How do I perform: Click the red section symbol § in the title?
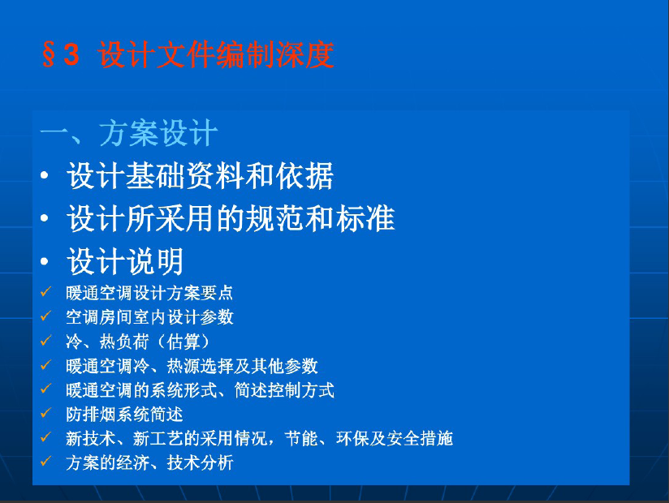tap(49, 54)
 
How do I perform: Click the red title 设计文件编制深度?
tap(216, 54)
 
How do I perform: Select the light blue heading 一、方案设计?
tap(129, 132)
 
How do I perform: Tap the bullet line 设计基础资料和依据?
tap(200, 175)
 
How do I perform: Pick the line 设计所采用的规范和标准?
tap(231, 218)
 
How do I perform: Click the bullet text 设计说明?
tap(125, 261)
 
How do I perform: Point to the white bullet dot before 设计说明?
tap(45, 261)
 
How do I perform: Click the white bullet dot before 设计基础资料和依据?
tap(45, 175)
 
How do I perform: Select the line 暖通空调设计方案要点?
tap(149, 293)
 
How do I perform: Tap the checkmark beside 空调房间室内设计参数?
tap(45, 316)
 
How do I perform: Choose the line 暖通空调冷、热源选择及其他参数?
tap(192, 366)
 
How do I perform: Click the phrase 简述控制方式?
tap(284, 390)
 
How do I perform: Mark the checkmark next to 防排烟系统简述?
tap(45, 413)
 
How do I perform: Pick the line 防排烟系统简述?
tap(124, 415)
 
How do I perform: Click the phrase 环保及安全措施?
tap(395, 438)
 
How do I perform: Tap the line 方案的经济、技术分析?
tap(149, 462)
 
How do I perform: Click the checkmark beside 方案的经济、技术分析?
tap(45, 462)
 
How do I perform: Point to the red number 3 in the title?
tap(71, 54)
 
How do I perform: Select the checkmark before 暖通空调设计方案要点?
tap(45, 291)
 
